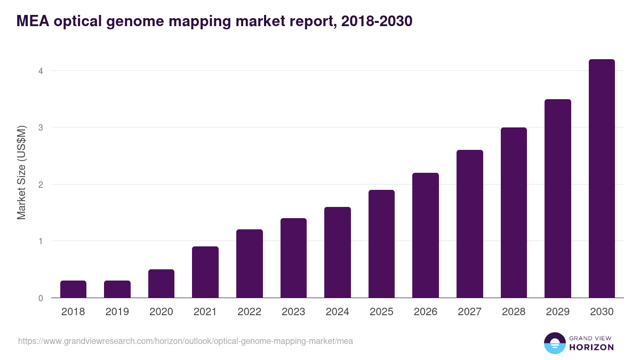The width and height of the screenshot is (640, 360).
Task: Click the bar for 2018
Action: (x=73, y=289)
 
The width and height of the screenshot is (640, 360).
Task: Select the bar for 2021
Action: (x=205, y=272)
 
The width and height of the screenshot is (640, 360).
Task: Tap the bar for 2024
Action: (x=338, y=252)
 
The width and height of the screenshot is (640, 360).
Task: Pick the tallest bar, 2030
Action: (x=602, y=179)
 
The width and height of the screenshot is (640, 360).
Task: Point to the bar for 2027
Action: (x=470, y=224)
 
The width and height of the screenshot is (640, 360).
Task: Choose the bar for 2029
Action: (x=558, y=198)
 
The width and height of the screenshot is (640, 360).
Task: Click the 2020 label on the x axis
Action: (x=161, y=312)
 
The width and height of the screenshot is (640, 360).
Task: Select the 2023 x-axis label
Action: (x=293, y=312)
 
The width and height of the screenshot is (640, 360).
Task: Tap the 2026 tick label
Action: (x=426, y=312)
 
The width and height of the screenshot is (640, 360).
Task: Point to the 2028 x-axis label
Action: (x=514, y=312)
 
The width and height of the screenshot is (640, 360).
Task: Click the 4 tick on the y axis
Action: (x=40, y=71)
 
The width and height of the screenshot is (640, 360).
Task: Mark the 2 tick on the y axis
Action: (x=40, y=185)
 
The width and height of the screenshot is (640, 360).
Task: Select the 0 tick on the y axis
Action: (x=40, y=298)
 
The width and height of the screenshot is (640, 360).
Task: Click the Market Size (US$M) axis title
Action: (x=21, y=173)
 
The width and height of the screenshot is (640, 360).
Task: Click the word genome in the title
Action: (x=126, y=21)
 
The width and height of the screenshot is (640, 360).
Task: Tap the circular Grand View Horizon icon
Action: (x=555, y=343)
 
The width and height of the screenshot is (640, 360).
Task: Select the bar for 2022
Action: (x=250, y=263)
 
